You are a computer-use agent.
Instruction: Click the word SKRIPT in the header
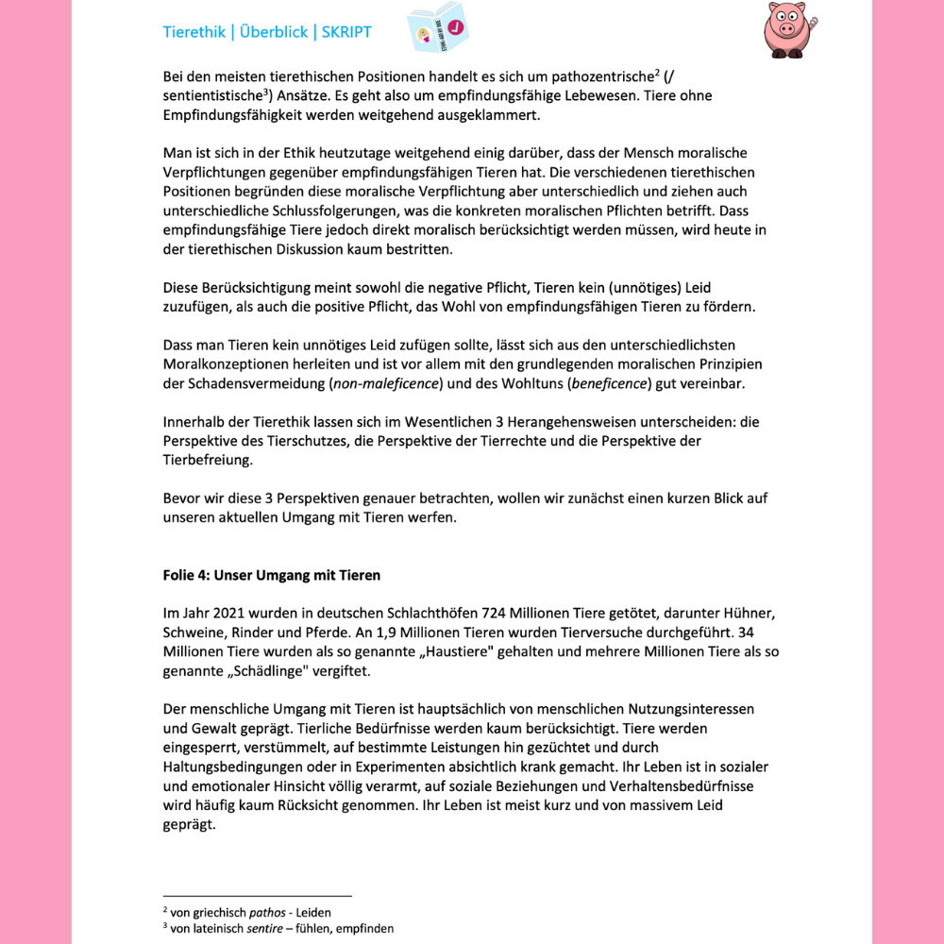(346, 32)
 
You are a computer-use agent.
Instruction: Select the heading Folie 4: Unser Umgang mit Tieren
(272, 575)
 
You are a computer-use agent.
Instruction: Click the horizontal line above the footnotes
(257, 895)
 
